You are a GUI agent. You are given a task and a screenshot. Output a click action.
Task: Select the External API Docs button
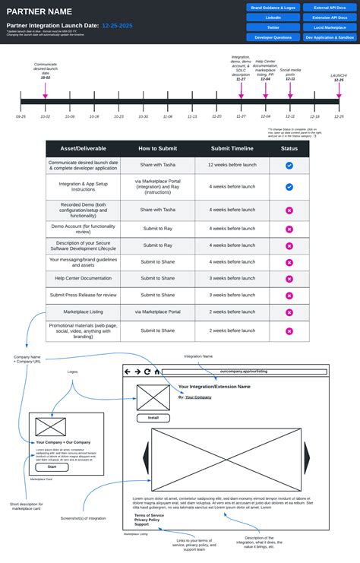pyautogui.click(x=330, y=7)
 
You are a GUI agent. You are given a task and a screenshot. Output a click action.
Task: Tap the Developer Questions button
pyautogui.click(x=272, y=36)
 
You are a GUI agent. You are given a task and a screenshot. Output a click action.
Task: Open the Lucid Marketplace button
pyautogui.click(x=330, y=27)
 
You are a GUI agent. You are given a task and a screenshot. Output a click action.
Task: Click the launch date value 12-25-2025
pyautogui.click(x=117, y=26)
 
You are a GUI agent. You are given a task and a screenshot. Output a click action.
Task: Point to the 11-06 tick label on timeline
pyautogui.click(x=168, y=116)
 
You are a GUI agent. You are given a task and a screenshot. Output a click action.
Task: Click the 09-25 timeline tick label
pyautogui.click(x=21, y=116)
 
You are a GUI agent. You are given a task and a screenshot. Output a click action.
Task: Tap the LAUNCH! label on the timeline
pyautogui.click(x=339, y=75)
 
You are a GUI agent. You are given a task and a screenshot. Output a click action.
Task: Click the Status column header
pyautogui.click(x=289, y=148)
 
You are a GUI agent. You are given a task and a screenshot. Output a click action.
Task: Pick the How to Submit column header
pyautogui.click(x=158, y=148)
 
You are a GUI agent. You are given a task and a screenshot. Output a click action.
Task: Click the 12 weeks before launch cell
pyautogui.click(x=232, y=165)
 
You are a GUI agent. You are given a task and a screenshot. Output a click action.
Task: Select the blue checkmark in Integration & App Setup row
pyautogui.click(x=289, y=186)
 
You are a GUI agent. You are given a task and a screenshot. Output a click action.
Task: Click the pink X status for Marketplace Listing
pyautogui.click(x=289, y=312)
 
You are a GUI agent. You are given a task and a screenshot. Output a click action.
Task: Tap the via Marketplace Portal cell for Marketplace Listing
pyautogui.click(x=158, y=312)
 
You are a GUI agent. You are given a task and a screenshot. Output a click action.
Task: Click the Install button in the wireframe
pyautogui.click(x=153, y=418)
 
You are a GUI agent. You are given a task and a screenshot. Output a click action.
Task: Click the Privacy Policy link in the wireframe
pyautogui.click(x=147, y=520)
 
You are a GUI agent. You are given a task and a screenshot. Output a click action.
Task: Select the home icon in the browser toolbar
pyautogui.click(x=157, y=372)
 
